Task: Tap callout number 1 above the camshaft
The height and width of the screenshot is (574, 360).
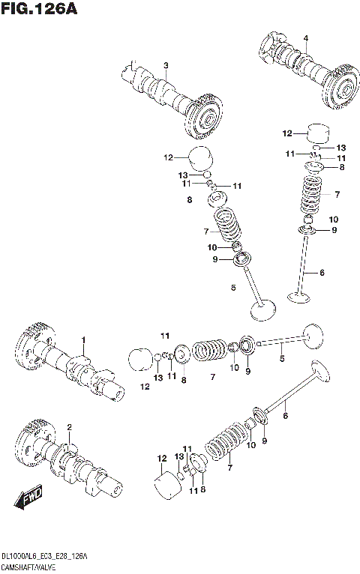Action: point(84,340)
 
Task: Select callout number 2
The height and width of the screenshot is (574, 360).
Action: point(69,427)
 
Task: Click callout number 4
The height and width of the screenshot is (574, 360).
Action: point(305,38)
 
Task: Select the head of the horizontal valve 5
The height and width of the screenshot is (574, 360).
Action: point(313,335)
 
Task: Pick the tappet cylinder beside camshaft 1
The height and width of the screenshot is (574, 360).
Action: point(139,358)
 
